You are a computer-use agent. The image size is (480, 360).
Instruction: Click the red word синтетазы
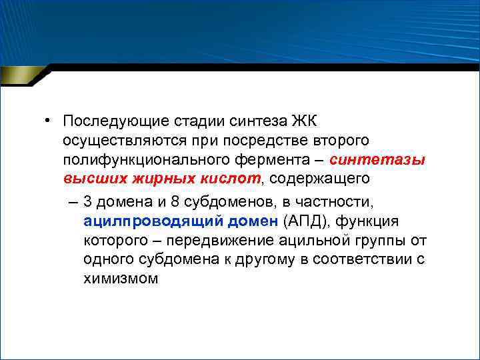pos(377,160)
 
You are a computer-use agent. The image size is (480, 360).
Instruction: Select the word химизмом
pos(121,279)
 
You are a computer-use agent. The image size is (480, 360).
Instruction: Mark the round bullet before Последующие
pos(48,121)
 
